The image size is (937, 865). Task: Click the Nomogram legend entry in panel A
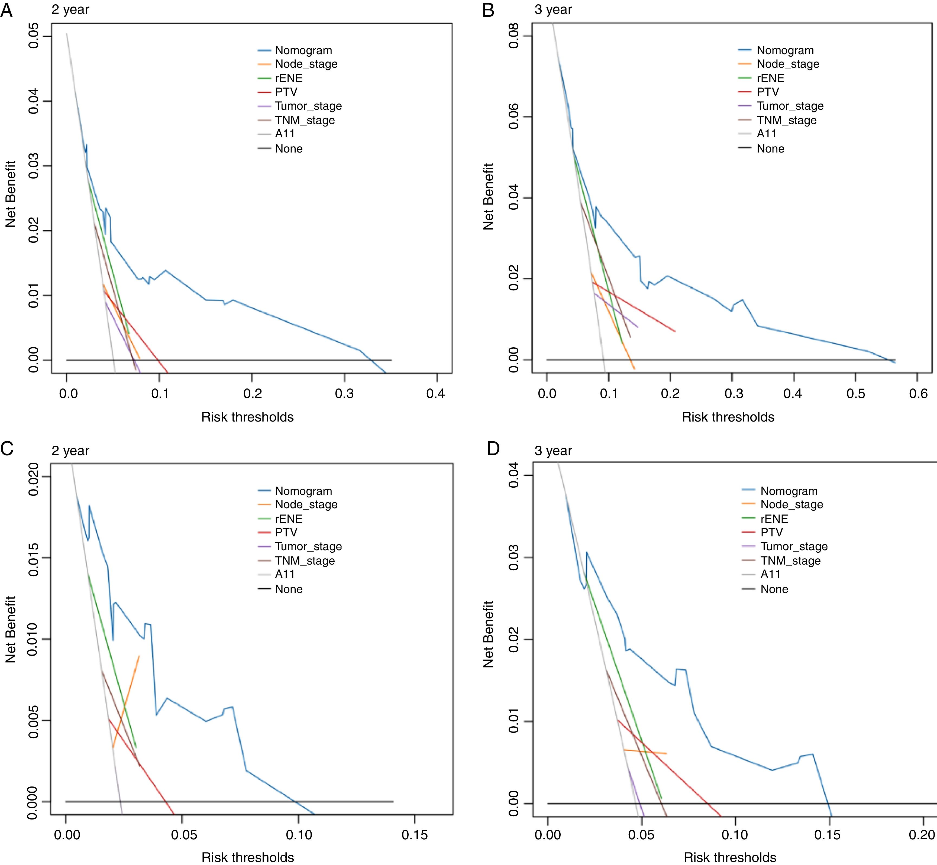pyautogui.click(x=303, y=51)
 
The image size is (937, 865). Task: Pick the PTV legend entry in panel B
pyautogui.click(x=767, y=92)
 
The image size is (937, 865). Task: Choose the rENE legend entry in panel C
pyautogui.click(x=289, y=519)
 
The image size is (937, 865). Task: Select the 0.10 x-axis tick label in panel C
pyautogui.click(x=299, y=835)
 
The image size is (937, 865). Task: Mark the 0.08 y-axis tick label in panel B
pyautogui.click(x=514, y=37)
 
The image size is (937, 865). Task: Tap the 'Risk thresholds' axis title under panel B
pyautogui.click(x=728, y=417)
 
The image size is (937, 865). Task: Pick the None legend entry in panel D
pyautogui.click(x=774, y=589)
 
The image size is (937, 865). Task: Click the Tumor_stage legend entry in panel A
pyautogui.click(x=308, y=106)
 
